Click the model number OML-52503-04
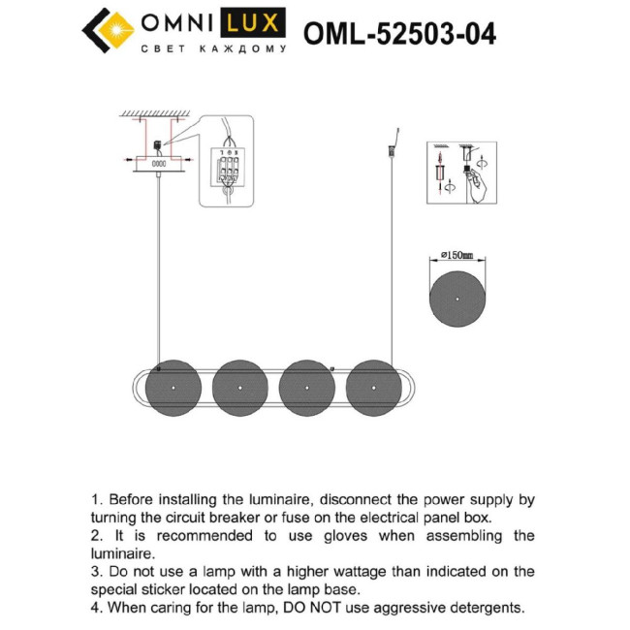coord(399,34)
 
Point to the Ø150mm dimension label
coord(456,256)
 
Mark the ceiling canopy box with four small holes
coord(157,164)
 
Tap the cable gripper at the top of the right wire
coord(394,151)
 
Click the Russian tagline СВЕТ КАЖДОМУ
coord(213,48)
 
